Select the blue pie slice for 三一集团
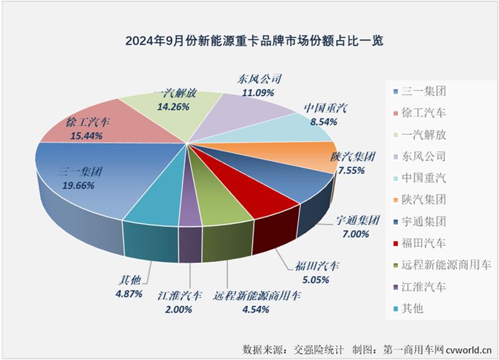[x=94, y=187]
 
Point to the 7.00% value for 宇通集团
[x=356, y=234]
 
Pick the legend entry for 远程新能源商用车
[x=439, y=265]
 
